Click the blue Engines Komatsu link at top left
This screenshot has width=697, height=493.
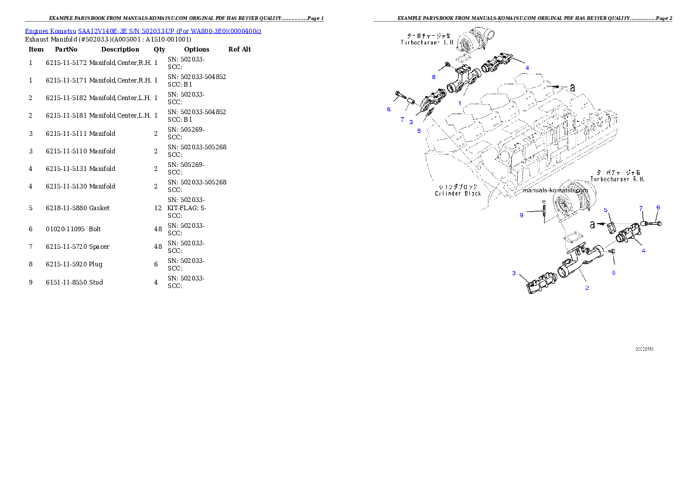pos(143,30)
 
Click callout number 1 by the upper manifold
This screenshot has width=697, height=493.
pos(460,103)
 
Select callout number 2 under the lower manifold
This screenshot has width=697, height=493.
pos(587,287)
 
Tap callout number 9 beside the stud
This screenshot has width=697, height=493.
pos(521,215)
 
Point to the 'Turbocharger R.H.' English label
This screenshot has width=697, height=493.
pos(617,179)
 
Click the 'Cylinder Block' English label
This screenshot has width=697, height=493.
pos(457,193)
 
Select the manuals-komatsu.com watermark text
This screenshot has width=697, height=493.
pos(555,190)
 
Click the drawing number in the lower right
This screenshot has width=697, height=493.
pos(644,349)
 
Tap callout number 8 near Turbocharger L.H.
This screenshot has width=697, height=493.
pos(433,77)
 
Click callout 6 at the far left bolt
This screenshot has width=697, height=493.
pos(388,109)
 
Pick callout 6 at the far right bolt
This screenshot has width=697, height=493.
pos(658,207)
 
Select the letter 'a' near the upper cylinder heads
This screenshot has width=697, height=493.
pos(572,87)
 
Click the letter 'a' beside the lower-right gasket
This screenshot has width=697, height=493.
pos(592,224)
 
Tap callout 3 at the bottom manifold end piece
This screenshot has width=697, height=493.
pos(514,273)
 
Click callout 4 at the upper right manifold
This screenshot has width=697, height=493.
pos(527,67)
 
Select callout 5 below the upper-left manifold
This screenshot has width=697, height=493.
pos(419,131)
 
